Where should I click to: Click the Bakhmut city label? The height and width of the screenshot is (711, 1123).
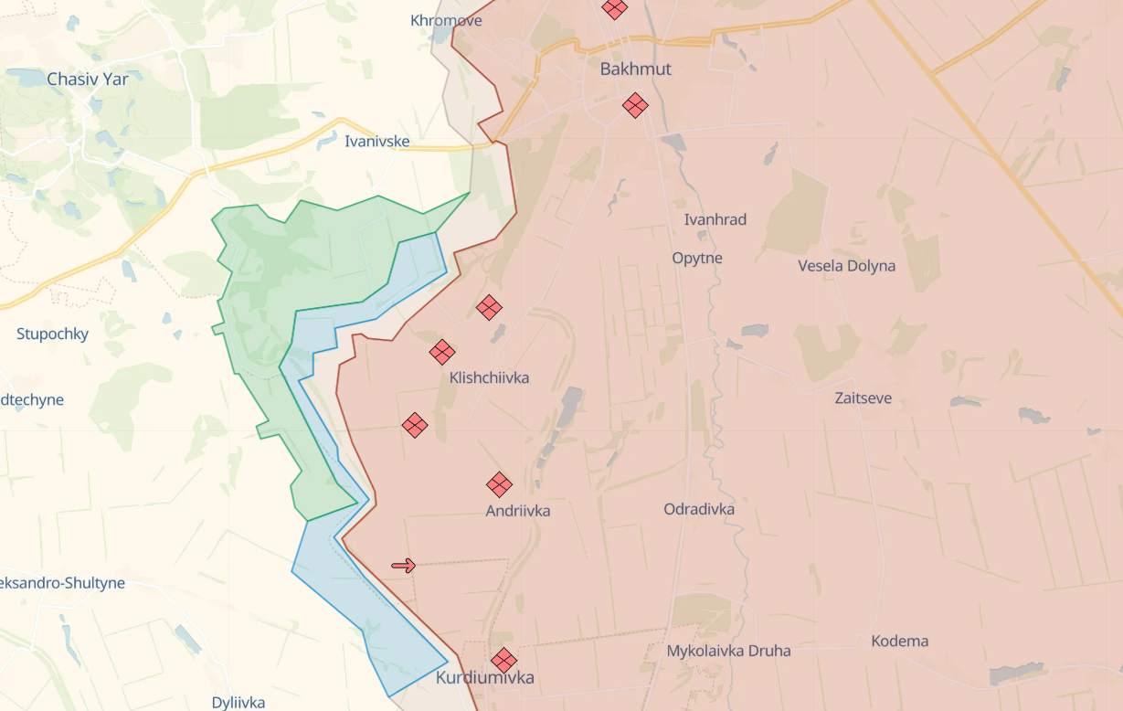635,69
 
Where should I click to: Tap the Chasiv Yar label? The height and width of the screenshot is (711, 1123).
88,80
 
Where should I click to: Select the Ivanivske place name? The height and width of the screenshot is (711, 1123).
377,142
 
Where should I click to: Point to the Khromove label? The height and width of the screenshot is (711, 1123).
446,20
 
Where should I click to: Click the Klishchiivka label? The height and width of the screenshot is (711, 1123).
489,377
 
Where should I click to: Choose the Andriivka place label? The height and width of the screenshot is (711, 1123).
518,511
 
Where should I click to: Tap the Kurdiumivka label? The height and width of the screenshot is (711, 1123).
485,678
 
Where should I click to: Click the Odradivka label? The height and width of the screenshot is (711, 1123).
699,509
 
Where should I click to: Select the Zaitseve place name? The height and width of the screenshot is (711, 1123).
863,398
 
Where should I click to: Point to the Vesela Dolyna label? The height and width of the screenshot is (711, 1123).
846,266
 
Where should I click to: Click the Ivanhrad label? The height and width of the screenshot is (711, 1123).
715,219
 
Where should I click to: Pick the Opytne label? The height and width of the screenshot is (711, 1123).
697,258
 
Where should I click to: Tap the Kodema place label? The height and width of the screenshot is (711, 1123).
899,641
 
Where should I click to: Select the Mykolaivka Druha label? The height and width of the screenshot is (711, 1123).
729,651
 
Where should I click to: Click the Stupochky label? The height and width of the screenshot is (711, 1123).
53,334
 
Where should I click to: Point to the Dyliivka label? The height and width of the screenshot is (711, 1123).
238,703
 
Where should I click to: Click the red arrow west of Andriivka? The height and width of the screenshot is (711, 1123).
403,566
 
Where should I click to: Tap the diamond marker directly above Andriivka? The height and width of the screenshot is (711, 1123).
499,484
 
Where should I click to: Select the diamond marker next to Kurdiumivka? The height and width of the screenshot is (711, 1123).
503,660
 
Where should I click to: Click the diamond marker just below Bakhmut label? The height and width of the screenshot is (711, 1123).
635,105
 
